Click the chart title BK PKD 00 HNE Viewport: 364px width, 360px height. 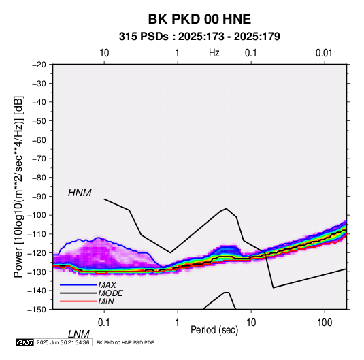199,19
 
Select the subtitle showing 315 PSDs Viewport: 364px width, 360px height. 199,37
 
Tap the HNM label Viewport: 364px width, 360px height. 80,193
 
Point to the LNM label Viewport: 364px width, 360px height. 78,334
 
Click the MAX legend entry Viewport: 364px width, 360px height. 107,284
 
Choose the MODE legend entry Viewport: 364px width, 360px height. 110,293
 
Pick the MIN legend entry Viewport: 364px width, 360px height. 106,301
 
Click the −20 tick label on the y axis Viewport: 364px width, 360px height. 39,65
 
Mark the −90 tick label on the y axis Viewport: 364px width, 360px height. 39,196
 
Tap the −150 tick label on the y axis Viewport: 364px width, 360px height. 37,310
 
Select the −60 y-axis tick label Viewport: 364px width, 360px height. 39,140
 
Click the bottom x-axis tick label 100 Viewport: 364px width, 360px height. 325,323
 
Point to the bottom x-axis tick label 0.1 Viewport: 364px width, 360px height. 104,323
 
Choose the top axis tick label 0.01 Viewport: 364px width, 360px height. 324,53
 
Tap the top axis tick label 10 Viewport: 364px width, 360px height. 104,53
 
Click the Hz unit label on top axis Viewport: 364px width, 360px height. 214,53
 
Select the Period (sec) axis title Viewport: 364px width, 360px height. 214,330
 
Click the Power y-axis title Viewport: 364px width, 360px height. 18,186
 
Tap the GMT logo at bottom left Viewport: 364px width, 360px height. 24,342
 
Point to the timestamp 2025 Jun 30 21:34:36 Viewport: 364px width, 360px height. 63,342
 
